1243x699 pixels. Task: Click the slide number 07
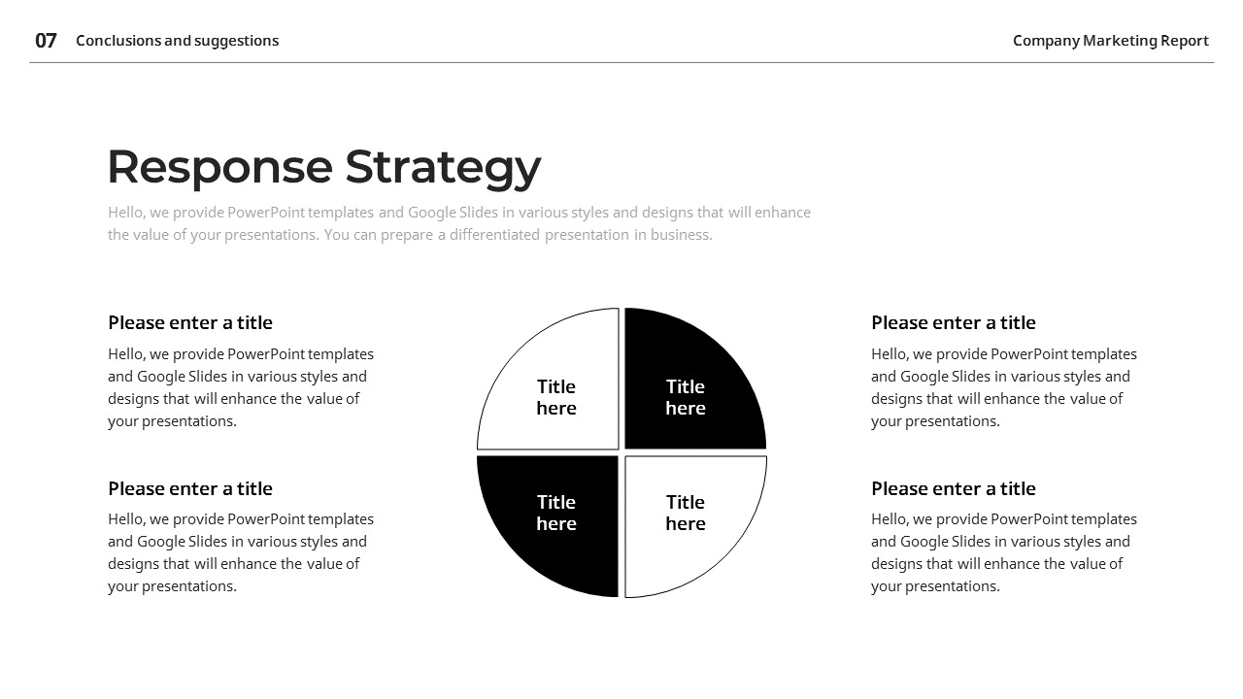pos(46,41)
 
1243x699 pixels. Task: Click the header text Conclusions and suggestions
pos(177,41)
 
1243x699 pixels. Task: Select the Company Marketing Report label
pos(1110,41)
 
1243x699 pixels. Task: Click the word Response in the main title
pos(218,167)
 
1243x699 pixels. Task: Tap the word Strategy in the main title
pos(443,167)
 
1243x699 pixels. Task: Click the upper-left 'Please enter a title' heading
pos(190,323)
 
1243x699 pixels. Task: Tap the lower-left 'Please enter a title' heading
pos(190,489)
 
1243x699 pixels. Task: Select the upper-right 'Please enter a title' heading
pos(954,323)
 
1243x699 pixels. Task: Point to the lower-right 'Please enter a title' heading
pos(954,489)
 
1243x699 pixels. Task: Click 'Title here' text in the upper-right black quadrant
pos(686,397)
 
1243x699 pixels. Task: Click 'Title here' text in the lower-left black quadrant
pos(556,513)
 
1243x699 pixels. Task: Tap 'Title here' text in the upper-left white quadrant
pos(556,397)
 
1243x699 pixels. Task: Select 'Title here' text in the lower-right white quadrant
pos(686,513)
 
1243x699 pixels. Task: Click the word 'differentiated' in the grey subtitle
pos(494,235)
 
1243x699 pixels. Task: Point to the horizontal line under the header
pos(621,63)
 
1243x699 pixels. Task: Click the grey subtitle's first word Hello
pos(125,213)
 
